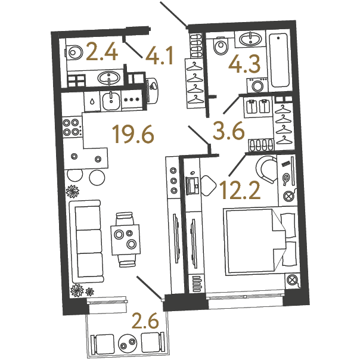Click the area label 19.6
coord(133,135)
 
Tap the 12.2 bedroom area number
coord(240,190)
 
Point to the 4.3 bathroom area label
coord(244,64)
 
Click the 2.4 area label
coord(102,53)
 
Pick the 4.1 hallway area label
coord(159,56)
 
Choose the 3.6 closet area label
coord(228,131)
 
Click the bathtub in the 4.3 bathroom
coord(279,60)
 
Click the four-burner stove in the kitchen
coord(72,127)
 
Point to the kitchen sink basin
coord(111,101)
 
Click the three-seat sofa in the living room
coord(86,241)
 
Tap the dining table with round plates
coord(126,240)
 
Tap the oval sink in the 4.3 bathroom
coord(250,39)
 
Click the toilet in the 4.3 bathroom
coord(221,46)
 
